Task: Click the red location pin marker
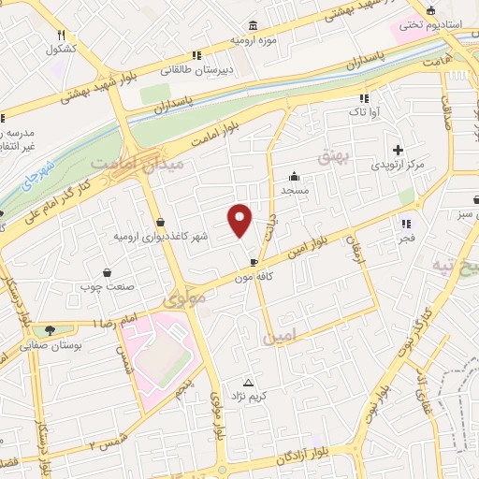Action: (241, 219)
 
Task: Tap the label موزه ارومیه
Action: (254, 42)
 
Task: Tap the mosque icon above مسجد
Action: (295, 175)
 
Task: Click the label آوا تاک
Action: (363, 111)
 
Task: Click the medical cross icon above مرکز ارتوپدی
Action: (398, 150)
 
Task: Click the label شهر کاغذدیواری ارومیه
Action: (159, 236)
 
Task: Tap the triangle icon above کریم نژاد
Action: (249, 383)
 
